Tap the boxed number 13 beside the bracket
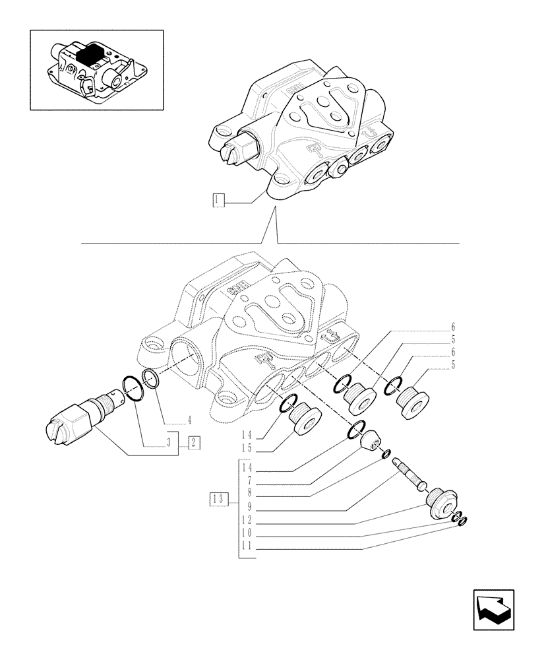[x=218, y=499]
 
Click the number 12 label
[x=247, y=521]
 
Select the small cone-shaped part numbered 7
[x=371, y=439]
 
